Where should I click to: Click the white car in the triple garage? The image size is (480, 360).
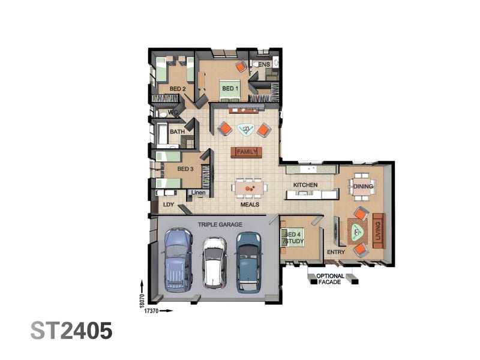click(x=214, y=263)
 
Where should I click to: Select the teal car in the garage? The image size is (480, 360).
click(x=249, y=262)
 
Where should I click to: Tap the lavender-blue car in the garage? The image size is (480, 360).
click(x=179, y=260)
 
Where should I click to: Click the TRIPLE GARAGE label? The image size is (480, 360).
click(x=220, y=224)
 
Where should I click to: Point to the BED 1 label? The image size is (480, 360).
click(x=230, y=88)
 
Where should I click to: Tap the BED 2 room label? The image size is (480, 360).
click(x=178, y=89)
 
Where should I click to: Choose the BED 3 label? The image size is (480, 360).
click(x=185, y=169)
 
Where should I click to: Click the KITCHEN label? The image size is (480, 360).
click(x=305, y=185)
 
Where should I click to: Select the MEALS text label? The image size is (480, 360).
click(x=250, y=205)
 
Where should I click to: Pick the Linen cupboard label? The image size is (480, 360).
click(x=199, y=193)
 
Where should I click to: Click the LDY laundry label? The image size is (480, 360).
click(x=169, y=205)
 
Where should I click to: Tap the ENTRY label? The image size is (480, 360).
click(x=336, y=252)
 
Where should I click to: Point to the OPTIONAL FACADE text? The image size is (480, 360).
click(x=330, y=279)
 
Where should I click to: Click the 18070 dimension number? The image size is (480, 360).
click(x=142, y=301)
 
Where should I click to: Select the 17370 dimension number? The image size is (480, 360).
click(x=151, y=311)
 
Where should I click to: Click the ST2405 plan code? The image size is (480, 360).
click(x=71, y=331)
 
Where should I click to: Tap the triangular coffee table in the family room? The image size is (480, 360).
click(x=245, y=130)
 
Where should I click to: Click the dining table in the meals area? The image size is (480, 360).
click(x=249, y=188)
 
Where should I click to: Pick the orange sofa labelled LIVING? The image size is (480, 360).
click(x=379, y=230)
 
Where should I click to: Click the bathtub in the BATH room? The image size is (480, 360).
click(x=162, y=134)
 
